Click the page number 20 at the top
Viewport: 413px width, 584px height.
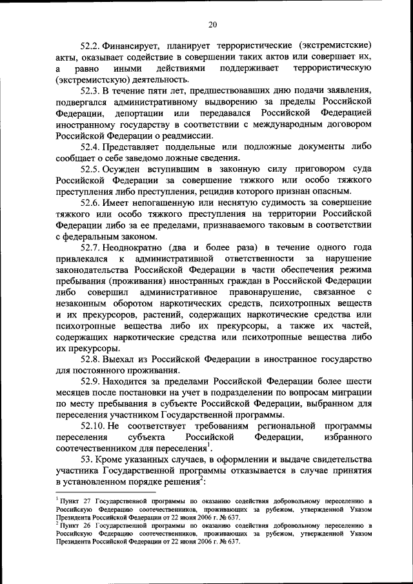tap(212, 25)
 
